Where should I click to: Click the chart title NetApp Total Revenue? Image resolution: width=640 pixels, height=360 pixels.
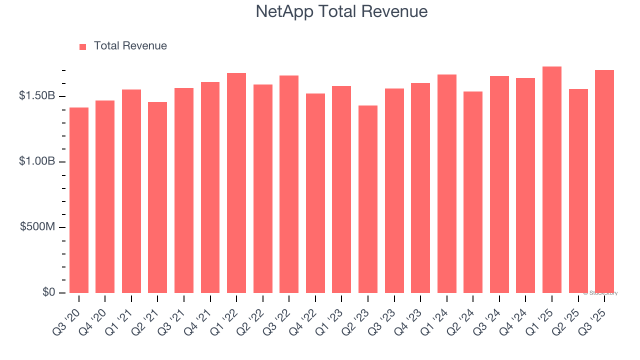[x=341, y=11]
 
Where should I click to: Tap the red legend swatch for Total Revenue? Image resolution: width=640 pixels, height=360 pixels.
[x=83, y=46]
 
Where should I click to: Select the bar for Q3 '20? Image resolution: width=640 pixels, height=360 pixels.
[x=79, y=200]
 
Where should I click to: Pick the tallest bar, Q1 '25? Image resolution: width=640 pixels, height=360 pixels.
[x=552, y=180]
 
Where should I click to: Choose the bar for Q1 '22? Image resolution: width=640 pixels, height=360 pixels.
[x=236, y=183]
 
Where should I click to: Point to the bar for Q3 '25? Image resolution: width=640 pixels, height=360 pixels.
[x=604, y=181]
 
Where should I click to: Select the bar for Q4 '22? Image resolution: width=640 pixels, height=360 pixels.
[x=315, y=193]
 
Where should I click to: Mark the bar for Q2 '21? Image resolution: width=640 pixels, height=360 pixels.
[x=157, y=197]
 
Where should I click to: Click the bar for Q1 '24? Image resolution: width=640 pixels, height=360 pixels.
[x=447, y=183]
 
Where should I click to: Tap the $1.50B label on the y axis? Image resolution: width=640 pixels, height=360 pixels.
[x=37, y=96]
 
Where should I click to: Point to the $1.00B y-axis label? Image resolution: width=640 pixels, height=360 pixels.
[x=37, y=161]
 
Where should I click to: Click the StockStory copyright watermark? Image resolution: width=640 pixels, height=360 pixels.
[x=600, y=293]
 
